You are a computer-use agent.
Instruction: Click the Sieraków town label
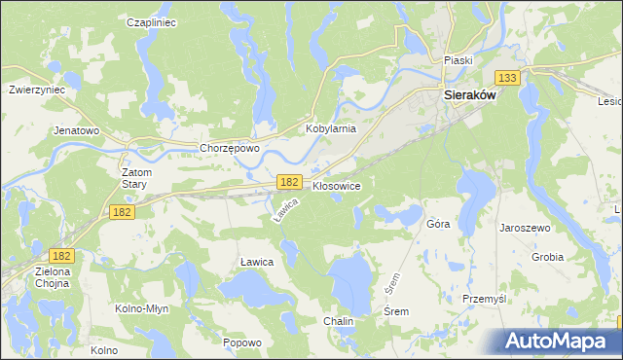point(470,96)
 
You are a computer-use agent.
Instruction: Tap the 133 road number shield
point(506,78)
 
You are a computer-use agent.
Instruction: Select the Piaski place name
point(458,60)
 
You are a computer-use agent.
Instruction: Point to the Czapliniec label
point(152,21)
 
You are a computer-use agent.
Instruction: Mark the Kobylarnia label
point(331,128)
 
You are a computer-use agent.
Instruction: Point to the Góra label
point(438,224)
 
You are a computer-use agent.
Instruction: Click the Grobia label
point(548,258)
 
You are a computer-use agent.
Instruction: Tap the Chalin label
point(339,321)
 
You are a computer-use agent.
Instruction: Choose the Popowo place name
point(242,342)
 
